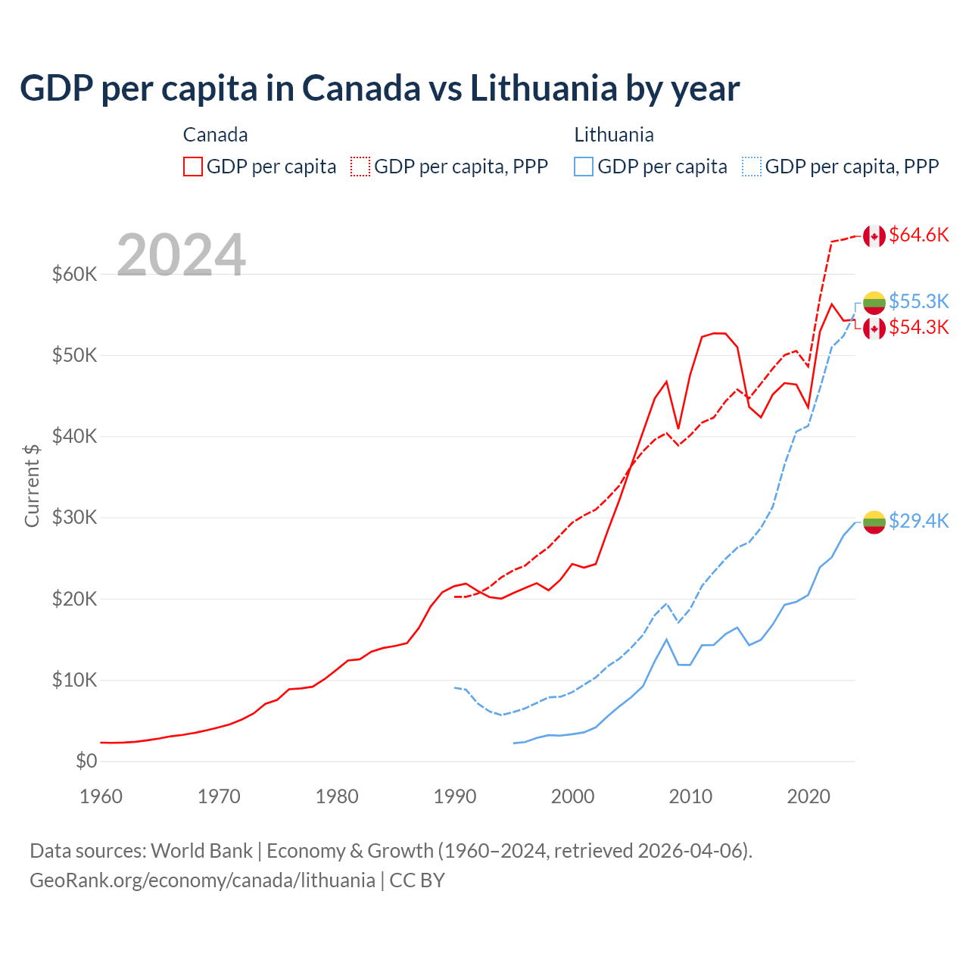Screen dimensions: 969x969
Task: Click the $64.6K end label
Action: pyautogui.click(x=918, y=235)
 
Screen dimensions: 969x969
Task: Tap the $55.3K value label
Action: pyautogui.click(x=918, y=301)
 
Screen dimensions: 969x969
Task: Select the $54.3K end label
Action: pyautogui.click(x=918, y=327)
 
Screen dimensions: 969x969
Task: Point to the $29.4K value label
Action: pyautogui.click(x=918, y=521)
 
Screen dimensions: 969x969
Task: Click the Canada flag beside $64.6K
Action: pyautogui.click(x=874, y=236)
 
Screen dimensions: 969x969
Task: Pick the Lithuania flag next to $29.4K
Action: pyautogui.click(x=874, y=522)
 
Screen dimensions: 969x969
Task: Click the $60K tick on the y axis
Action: pyautogui.click(x=74, y=274)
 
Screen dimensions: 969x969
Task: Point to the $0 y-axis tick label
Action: pyautogui.click(x=86, y=761)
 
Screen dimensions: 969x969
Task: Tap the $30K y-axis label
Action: pyautogui.click(x=74, y=518)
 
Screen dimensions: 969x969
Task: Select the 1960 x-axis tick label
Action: pyautogui.click(x=101, y=796)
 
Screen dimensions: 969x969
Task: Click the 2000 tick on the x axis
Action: pyautogui.click(x=572, y=796)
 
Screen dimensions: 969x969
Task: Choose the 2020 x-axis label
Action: pyautogui.click(x=809, y=796)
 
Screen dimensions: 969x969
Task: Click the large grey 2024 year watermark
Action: pyautogui.click(x=182, y=255)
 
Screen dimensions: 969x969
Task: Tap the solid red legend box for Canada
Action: pyautogui.click(x=193, y=167)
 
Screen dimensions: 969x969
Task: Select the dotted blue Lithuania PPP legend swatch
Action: pyautogui.click(x=752, y=167)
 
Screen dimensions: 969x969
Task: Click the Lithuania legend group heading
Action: pyautogui.click(x=613, y=135)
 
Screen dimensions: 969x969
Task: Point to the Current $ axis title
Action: pyautogui.click(x=32, y=485)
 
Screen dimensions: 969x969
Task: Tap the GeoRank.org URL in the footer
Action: pyautogui.click(x=202, y=880)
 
